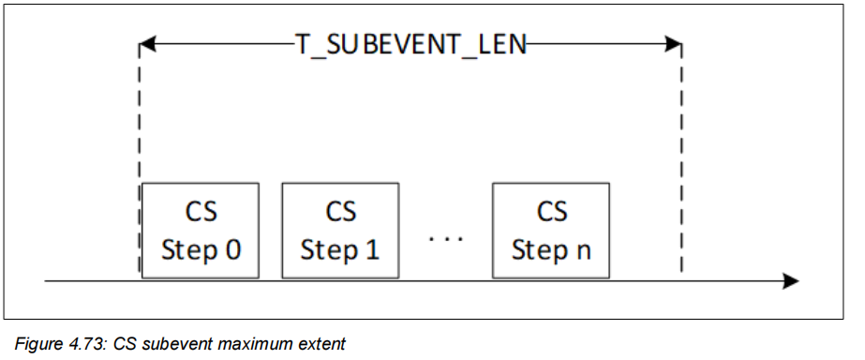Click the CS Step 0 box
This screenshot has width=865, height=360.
201,231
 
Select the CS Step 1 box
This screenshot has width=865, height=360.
340,231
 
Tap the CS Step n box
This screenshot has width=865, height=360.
551,231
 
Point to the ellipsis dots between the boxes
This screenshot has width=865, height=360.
445,239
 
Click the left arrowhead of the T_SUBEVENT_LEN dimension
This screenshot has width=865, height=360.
146,44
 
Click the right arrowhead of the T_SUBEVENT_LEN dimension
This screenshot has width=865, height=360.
673,44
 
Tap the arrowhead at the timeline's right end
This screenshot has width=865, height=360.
790,280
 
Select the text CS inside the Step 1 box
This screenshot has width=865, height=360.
340,211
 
